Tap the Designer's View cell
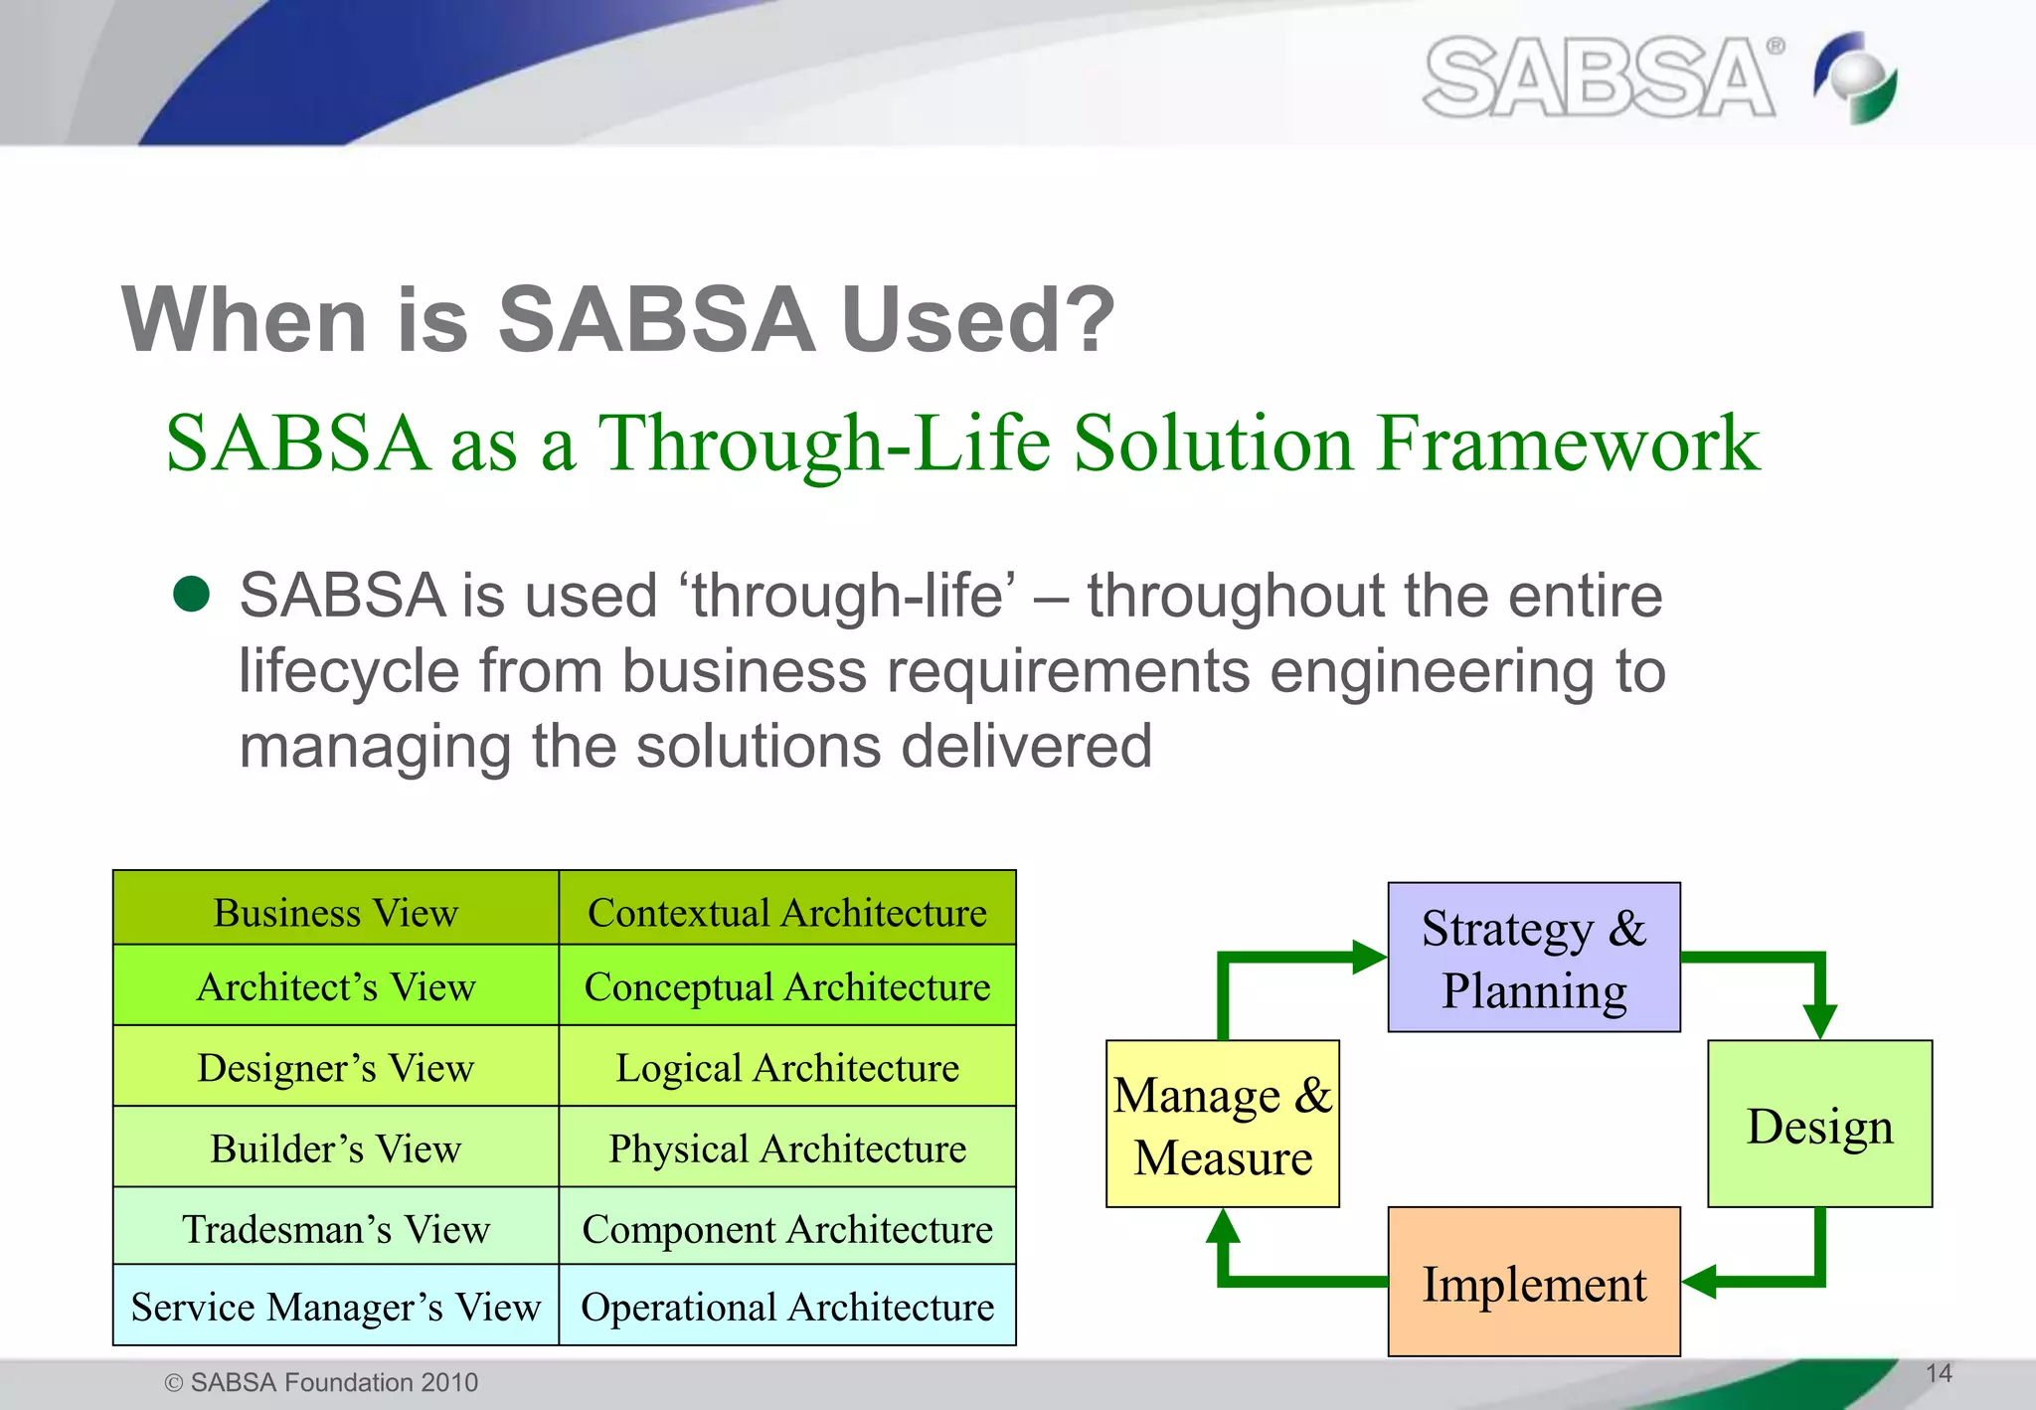pyautogui.click(x=336, y=1067)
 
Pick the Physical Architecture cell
pyautogui.click(x=787, y=1147)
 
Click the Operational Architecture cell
pyautogui.click(x=787, y=1306)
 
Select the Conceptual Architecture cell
pyautogui.click(x=787, y=986)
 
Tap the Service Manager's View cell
pyautogui.click(x=336, y=1306)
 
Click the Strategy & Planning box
pyautogui.click(x=1534, y=958)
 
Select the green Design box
pyautogui.click(x=1819, y=1125)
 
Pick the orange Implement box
pyautogui.click(x=1534, y=1282)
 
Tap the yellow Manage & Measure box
pyautogui.click(x=1223, y=1125)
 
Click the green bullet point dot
pyautogui.click(x=191, y=595)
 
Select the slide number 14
pyautogui.click(x=1939, y=1373)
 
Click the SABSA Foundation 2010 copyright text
pyautogui.click(x=321, y=1382)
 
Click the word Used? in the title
pyautogui.click(x=978, y=319)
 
